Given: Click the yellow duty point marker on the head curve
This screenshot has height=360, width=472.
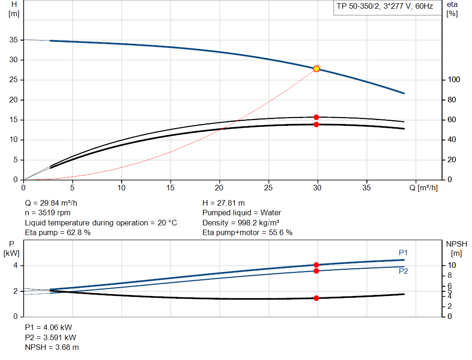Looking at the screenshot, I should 316,69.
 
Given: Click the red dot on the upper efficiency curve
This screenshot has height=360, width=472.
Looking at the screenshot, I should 316,117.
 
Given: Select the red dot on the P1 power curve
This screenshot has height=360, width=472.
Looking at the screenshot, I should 316,265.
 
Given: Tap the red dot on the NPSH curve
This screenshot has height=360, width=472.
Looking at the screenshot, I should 316,298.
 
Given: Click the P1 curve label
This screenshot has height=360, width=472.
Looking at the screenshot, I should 403,253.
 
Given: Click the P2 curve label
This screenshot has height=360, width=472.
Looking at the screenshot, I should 403,271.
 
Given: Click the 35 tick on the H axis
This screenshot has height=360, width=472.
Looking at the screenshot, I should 14,40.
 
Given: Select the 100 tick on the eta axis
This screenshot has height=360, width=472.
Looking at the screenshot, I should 454,80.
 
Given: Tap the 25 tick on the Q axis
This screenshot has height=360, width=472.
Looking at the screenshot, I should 269,188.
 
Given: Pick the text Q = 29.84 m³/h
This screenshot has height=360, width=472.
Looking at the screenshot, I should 54,203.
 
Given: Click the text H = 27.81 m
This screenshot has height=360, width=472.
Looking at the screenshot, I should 224,203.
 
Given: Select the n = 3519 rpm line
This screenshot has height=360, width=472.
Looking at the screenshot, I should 47,213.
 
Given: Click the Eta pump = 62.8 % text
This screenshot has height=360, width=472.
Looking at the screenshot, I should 58,233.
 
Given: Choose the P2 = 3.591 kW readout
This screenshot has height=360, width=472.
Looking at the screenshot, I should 50,337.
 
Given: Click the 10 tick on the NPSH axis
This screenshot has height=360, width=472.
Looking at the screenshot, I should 452,266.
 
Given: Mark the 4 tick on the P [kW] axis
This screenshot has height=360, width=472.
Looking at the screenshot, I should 15,266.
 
